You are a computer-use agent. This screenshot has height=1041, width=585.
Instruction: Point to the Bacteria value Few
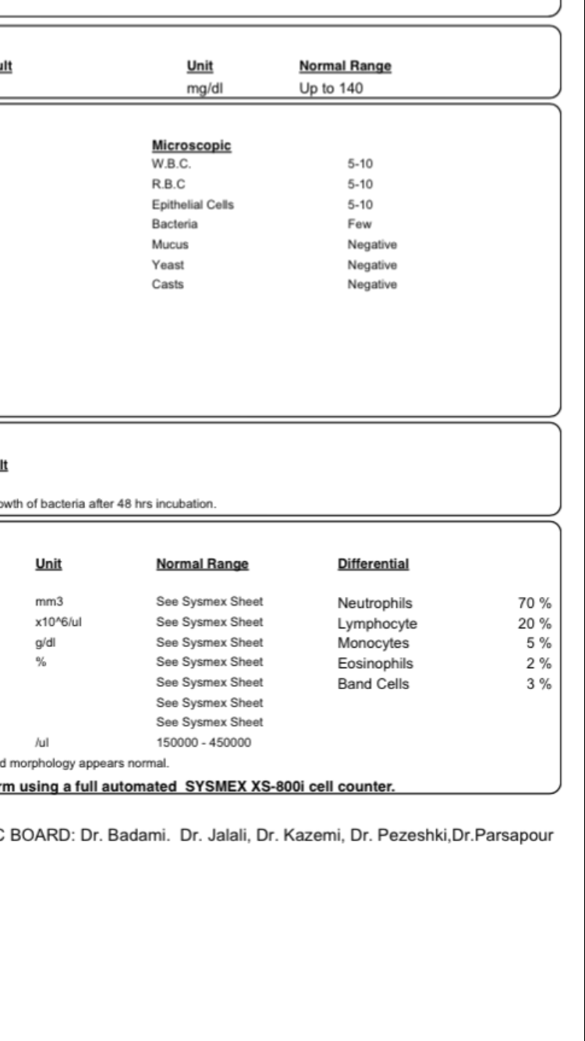pos(360,225)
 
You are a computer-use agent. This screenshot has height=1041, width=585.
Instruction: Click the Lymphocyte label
pos(378,624)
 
